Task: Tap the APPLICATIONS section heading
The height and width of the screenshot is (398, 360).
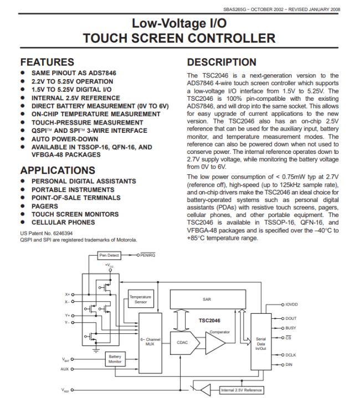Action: click(x=58, y=170)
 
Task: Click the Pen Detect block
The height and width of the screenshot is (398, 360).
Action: click(x=109, y=256)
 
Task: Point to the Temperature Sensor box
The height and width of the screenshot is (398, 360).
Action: click(x=141, y=299)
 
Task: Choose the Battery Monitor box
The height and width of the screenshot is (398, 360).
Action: click(x=115, y=359)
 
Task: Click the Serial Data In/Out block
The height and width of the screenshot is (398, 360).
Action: click(x=261, y=343)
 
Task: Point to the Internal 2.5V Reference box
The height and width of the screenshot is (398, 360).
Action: click(x=241, y=390)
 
